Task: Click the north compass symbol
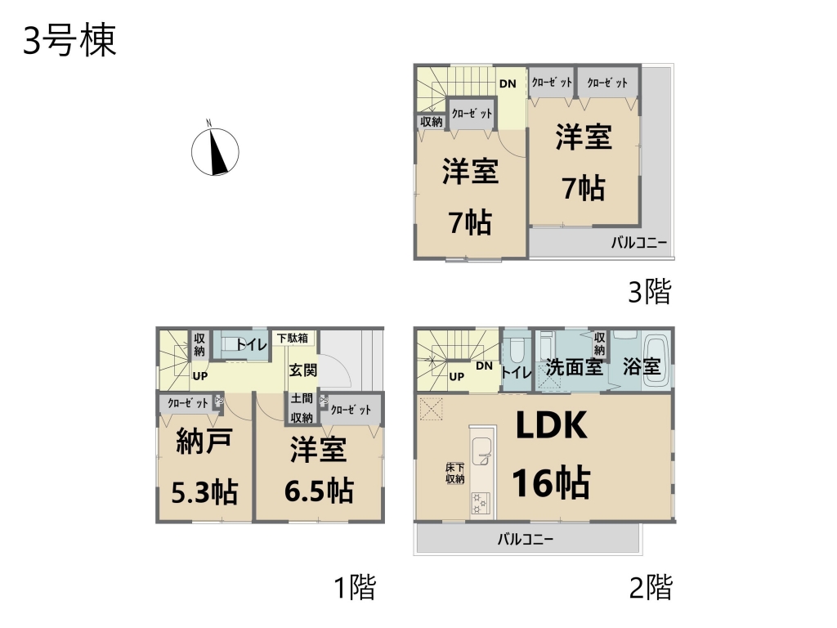click(215, 151)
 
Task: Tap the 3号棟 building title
click(69, 41)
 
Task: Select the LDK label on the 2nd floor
click(552, 425)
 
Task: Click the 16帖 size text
click(552, 482)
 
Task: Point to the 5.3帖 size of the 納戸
click(204, 491)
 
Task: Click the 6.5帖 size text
click(319, 491)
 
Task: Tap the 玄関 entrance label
click(303, 370)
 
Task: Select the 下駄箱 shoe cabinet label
click(293, 338)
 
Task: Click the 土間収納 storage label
click(302, 408)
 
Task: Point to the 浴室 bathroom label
click(642, 367)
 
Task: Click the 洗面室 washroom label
click(575, 367)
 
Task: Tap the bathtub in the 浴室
click(656, 360)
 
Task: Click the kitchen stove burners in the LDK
click(480, 504)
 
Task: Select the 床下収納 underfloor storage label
click(455, 473)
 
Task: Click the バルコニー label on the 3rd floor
click(639, 243)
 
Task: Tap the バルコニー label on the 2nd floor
click(526, 539)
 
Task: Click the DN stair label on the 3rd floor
click(508, 84)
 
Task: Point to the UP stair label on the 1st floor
click(200, 376)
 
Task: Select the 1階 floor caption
click(355, 587)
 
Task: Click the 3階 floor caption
click(650, 292)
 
